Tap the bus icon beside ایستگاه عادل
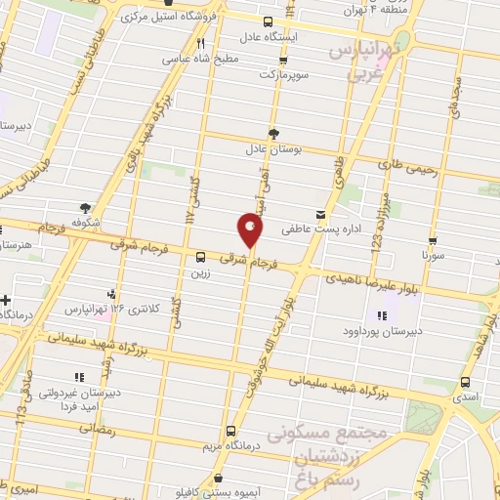(x=270, y=21)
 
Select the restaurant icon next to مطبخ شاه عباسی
(x=200, y=43)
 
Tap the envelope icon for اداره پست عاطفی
(x=321, y=214)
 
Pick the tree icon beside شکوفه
(x=85, y=207)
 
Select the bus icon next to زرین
(x=200, y=259)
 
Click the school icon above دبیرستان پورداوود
(x=382, y=314)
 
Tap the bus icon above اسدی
(x=464, y=383)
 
